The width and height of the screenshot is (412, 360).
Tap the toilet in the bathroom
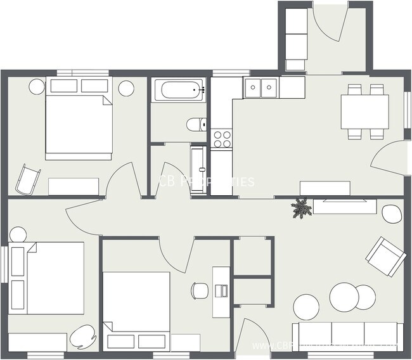pyautogui.click(x=196, y=124)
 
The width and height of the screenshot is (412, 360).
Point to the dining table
pyautogui.click(x=364, y=111)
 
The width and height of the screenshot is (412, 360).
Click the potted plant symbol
pyautogui.click(x=301, y=208)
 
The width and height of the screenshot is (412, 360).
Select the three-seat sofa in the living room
pyautogui.click(x=347, y=336)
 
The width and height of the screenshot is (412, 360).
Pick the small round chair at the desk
pyautogui.click(x=199, y=290)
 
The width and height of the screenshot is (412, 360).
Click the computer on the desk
pyautogui.click(x=221, y=290)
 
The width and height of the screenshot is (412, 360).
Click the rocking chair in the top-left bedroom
pyautogui.click(x=27, y=179)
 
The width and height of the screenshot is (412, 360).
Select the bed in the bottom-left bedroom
pyautogui.click(x=48, y=277)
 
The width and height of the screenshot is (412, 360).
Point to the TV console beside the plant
pyautogui.click(x=345, y=207)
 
